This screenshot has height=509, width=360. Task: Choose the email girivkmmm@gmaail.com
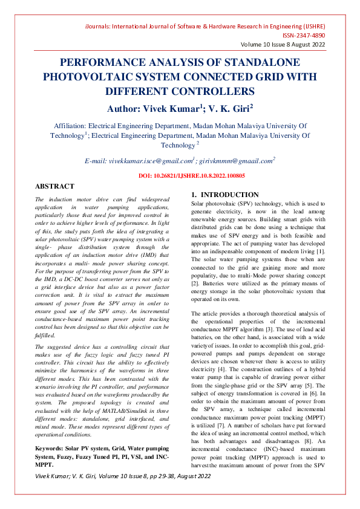[x=236, y=161]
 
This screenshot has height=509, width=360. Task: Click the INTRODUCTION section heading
[x=229, y=195]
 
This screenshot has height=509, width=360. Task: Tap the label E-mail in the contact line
[x=96, y=161]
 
